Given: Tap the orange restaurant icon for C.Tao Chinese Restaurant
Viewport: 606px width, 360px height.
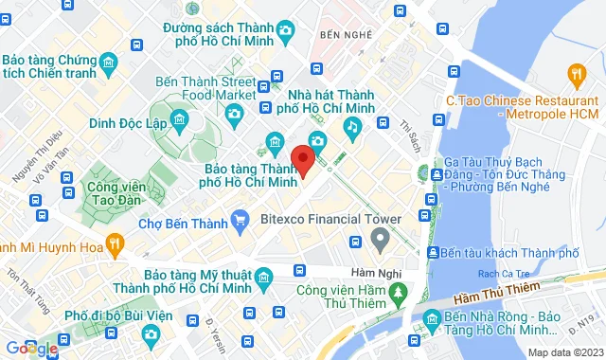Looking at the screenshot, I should (575, 72).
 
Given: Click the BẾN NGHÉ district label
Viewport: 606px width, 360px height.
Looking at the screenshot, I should (342, 35).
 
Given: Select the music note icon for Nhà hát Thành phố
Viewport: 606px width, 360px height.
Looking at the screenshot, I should (351, 125).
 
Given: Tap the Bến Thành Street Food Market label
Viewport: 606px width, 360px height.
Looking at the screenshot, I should (206, 87).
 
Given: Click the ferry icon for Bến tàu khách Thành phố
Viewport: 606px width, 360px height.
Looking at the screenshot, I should (432, 253).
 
